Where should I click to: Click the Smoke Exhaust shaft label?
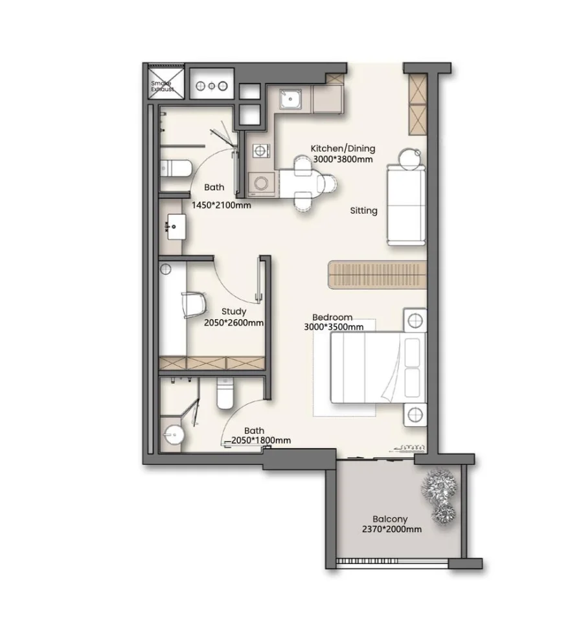point(162,86)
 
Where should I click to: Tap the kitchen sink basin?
point(290,99)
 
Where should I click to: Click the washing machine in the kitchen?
point(262,184)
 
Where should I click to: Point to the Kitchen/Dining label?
point(343,148)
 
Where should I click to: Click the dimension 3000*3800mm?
point(343,159)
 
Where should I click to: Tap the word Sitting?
point(364,210)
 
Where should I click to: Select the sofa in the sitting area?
point(407,205)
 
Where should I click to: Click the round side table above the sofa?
point(409,159)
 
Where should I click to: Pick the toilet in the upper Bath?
point(176,169)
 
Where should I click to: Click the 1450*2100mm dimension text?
point(222,205)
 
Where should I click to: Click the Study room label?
point(234,311)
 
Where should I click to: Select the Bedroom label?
point(332,317)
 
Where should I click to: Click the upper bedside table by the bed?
point(415,320)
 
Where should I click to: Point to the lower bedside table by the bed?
point(415,414)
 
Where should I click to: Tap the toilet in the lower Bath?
point(225,393)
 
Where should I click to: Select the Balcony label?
point(390,519)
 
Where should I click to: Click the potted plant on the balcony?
point(439,495)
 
